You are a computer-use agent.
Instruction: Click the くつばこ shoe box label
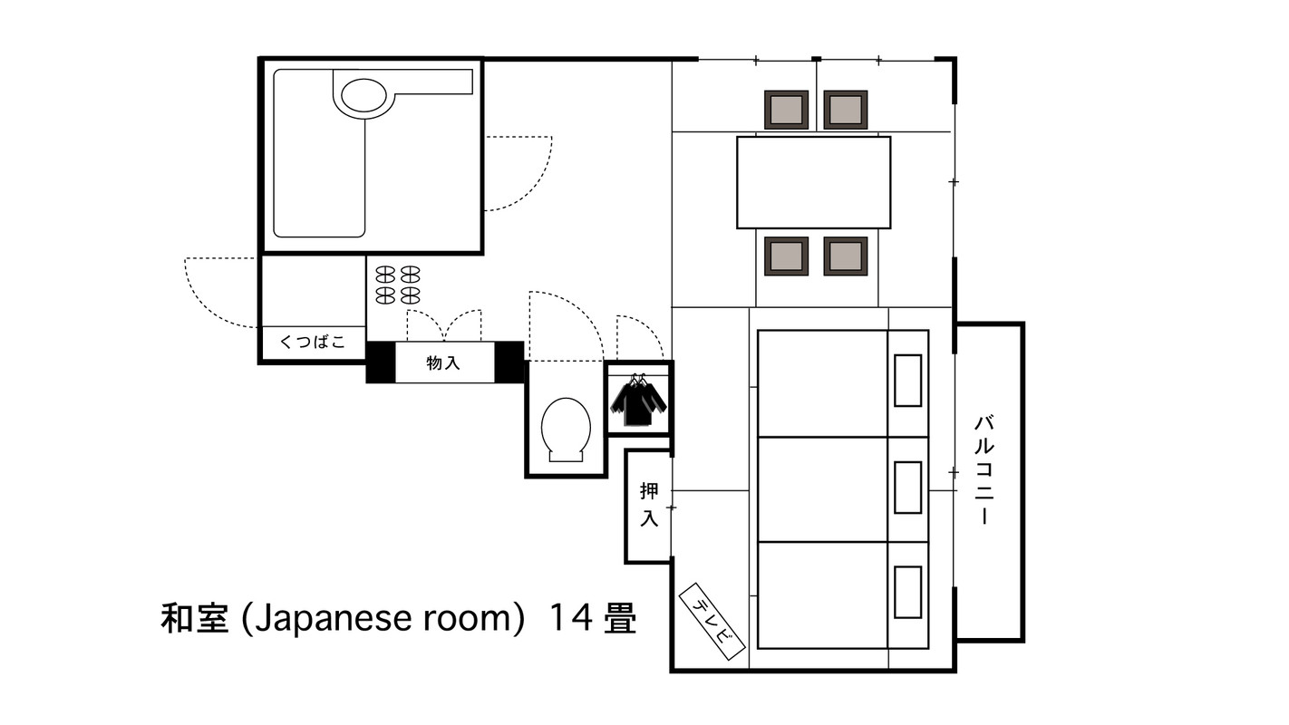tap(313, 343)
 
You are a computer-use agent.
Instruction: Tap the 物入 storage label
tap(444, 363)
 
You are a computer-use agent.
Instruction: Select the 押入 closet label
tap(649, 505)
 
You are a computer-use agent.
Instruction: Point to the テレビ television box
tap(712, 620)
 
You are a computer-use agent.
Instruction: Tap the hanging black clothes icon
tap(639, 401)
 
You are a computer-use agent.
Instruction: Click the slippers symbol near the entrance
tap(398, 285)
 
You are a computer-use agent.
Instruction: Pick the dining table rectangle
tap(813, 182)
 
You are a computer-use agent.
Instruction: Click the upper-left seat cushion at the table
tap(786, 110)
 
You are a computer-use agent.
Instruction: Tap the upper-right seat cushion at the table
tap(845, 110)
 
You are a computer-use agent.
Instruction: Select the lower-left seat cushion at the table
tap(786, 256)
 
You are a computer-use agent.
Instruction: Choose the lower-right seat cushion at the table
tap(845, 256)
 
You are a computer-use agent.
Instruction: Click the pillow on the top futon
tap(907, 381)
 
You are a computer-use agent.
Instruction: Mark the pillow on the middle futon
tap(907, 488)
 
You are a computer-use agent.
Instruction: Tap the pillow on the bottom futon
tap(907, 593)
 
